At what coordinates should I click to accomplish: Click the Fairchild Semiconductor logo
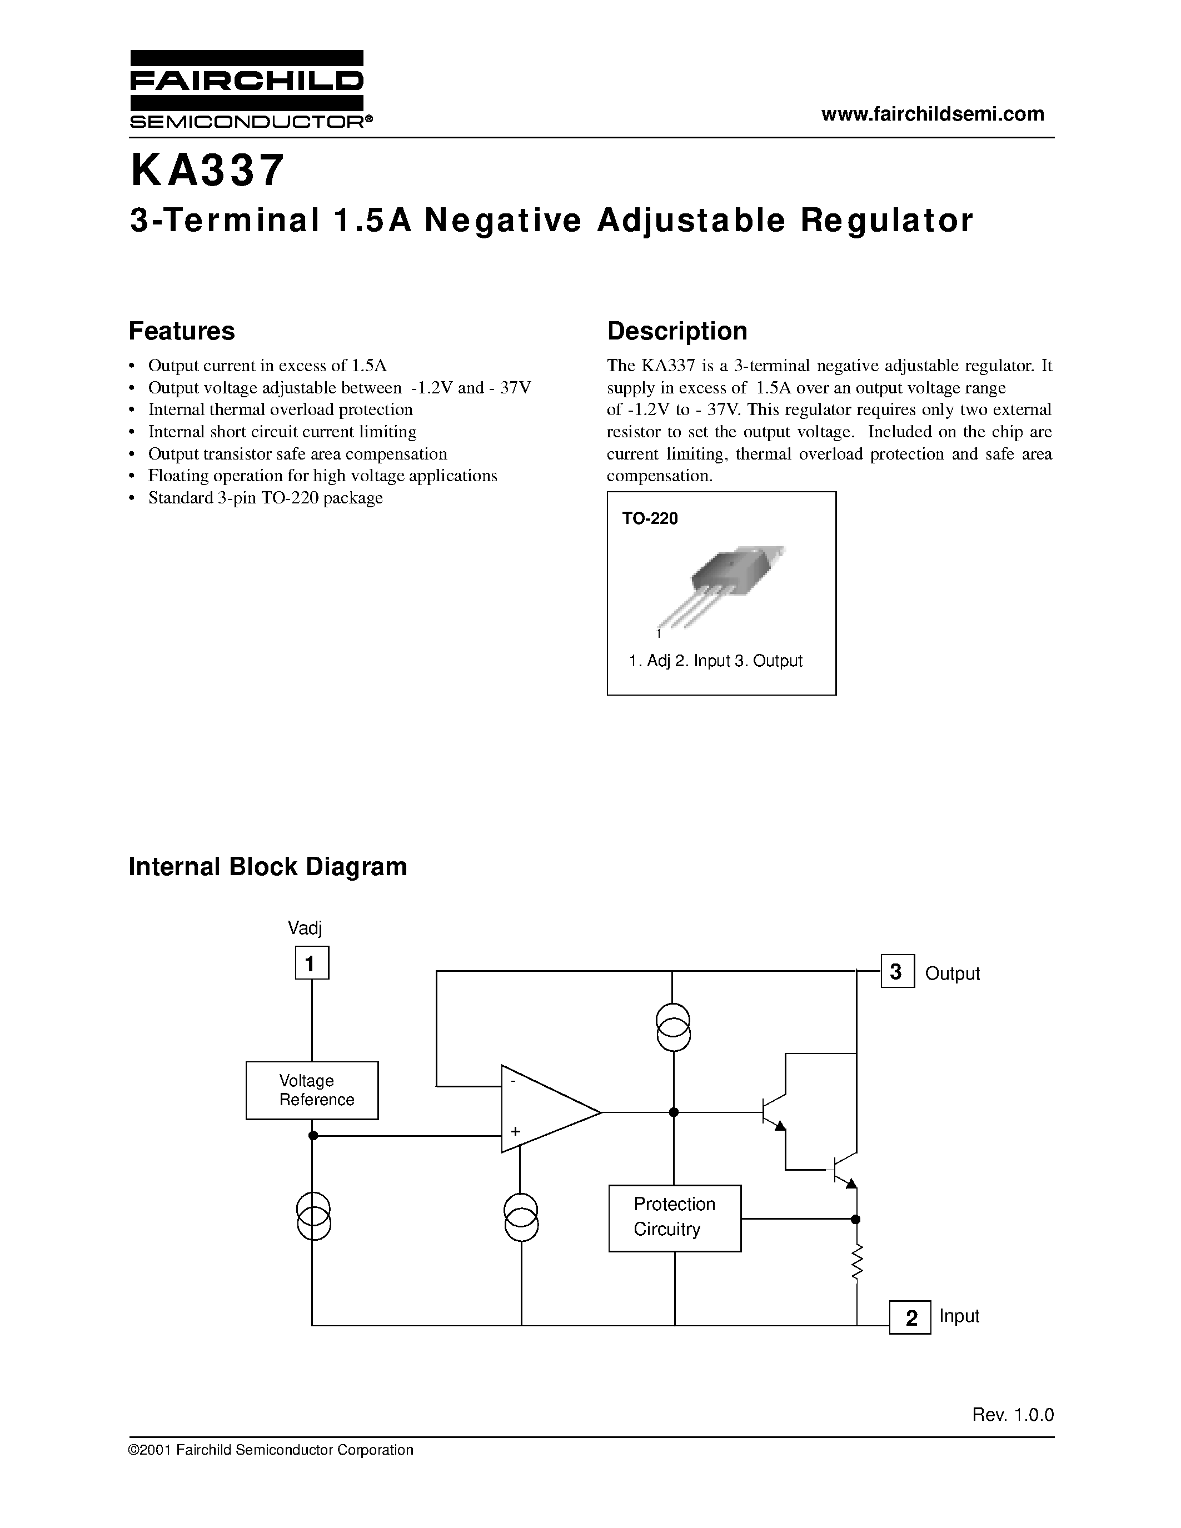pyautogui.click(x=247, y=89)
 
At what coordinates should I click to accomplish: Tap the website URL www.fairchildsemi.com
pyautogui.click(x=933, y=114)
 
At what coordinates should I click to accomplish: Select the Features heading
pyautogui.click(x=182, y=331)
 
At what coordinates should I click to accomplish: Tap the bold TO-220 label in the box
pyautogui.click(x=650, y=518)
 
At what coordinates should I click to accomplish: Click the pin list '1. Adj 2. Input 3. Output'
pyautogui.click(x=715, y=661)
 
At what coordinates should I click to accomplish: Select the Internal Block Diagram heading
pyautogui.click(x=268, y=867)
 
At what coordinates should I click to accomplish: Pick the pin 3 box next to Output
pyautogui.click(x=897, y=972)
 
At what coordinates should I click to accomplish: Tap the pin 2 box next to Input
pyautogui.click(x=910, y=1317)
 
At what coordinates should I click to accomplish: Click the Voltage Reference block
pyautogui.click(x=312, y=1091)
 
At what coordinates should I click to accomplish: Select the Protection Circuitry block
pyautogui.click(x=675, y=1218)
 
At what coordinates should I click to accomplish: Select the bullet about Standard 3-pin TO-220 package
pyautogui.click(x=265, y=498)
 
